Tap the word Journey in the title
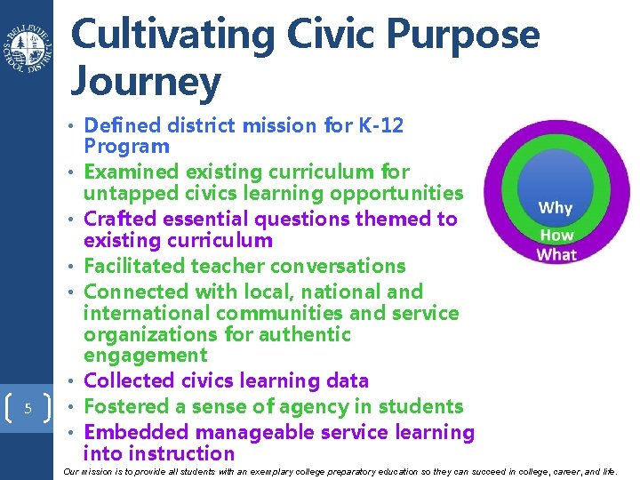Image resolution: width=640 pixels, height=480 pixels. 145,83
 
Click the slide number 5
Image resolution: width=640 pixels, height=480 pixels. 28,409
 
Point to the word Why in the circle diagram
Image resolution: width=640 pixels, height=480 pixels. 556,208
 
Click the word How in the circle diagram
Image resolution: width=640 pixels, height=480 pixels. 556,236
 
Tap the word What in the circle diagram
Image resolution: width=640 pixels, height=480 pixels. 556,255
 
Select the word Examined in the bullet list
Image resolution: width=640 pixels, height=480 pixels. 129,172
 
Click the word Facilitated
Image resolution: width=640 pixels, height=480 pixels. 138,266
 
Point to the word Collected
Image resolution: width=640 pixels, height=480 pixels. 131,381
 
